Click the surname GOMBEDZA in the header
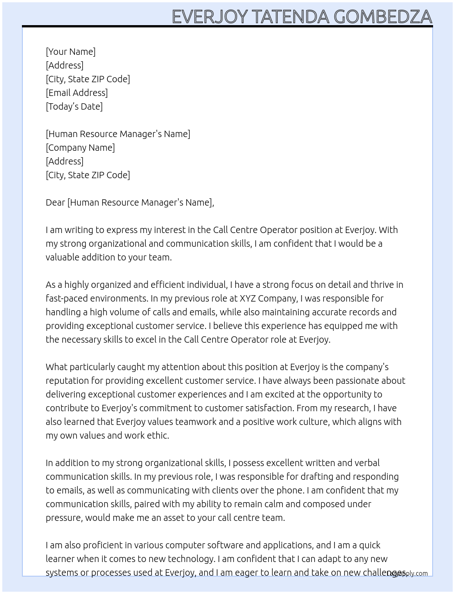[383, 16]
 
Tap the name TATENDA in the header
[290, 16]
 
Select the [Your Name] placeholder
[71, 52]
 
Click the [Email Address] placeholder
[77, 93]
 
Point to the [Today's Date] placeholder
[74, 106]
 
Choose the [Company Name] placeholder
[80, 148]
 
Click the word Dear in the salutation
[55, 202]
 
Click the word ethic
[158, 435]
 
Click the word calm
[275, 504]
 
